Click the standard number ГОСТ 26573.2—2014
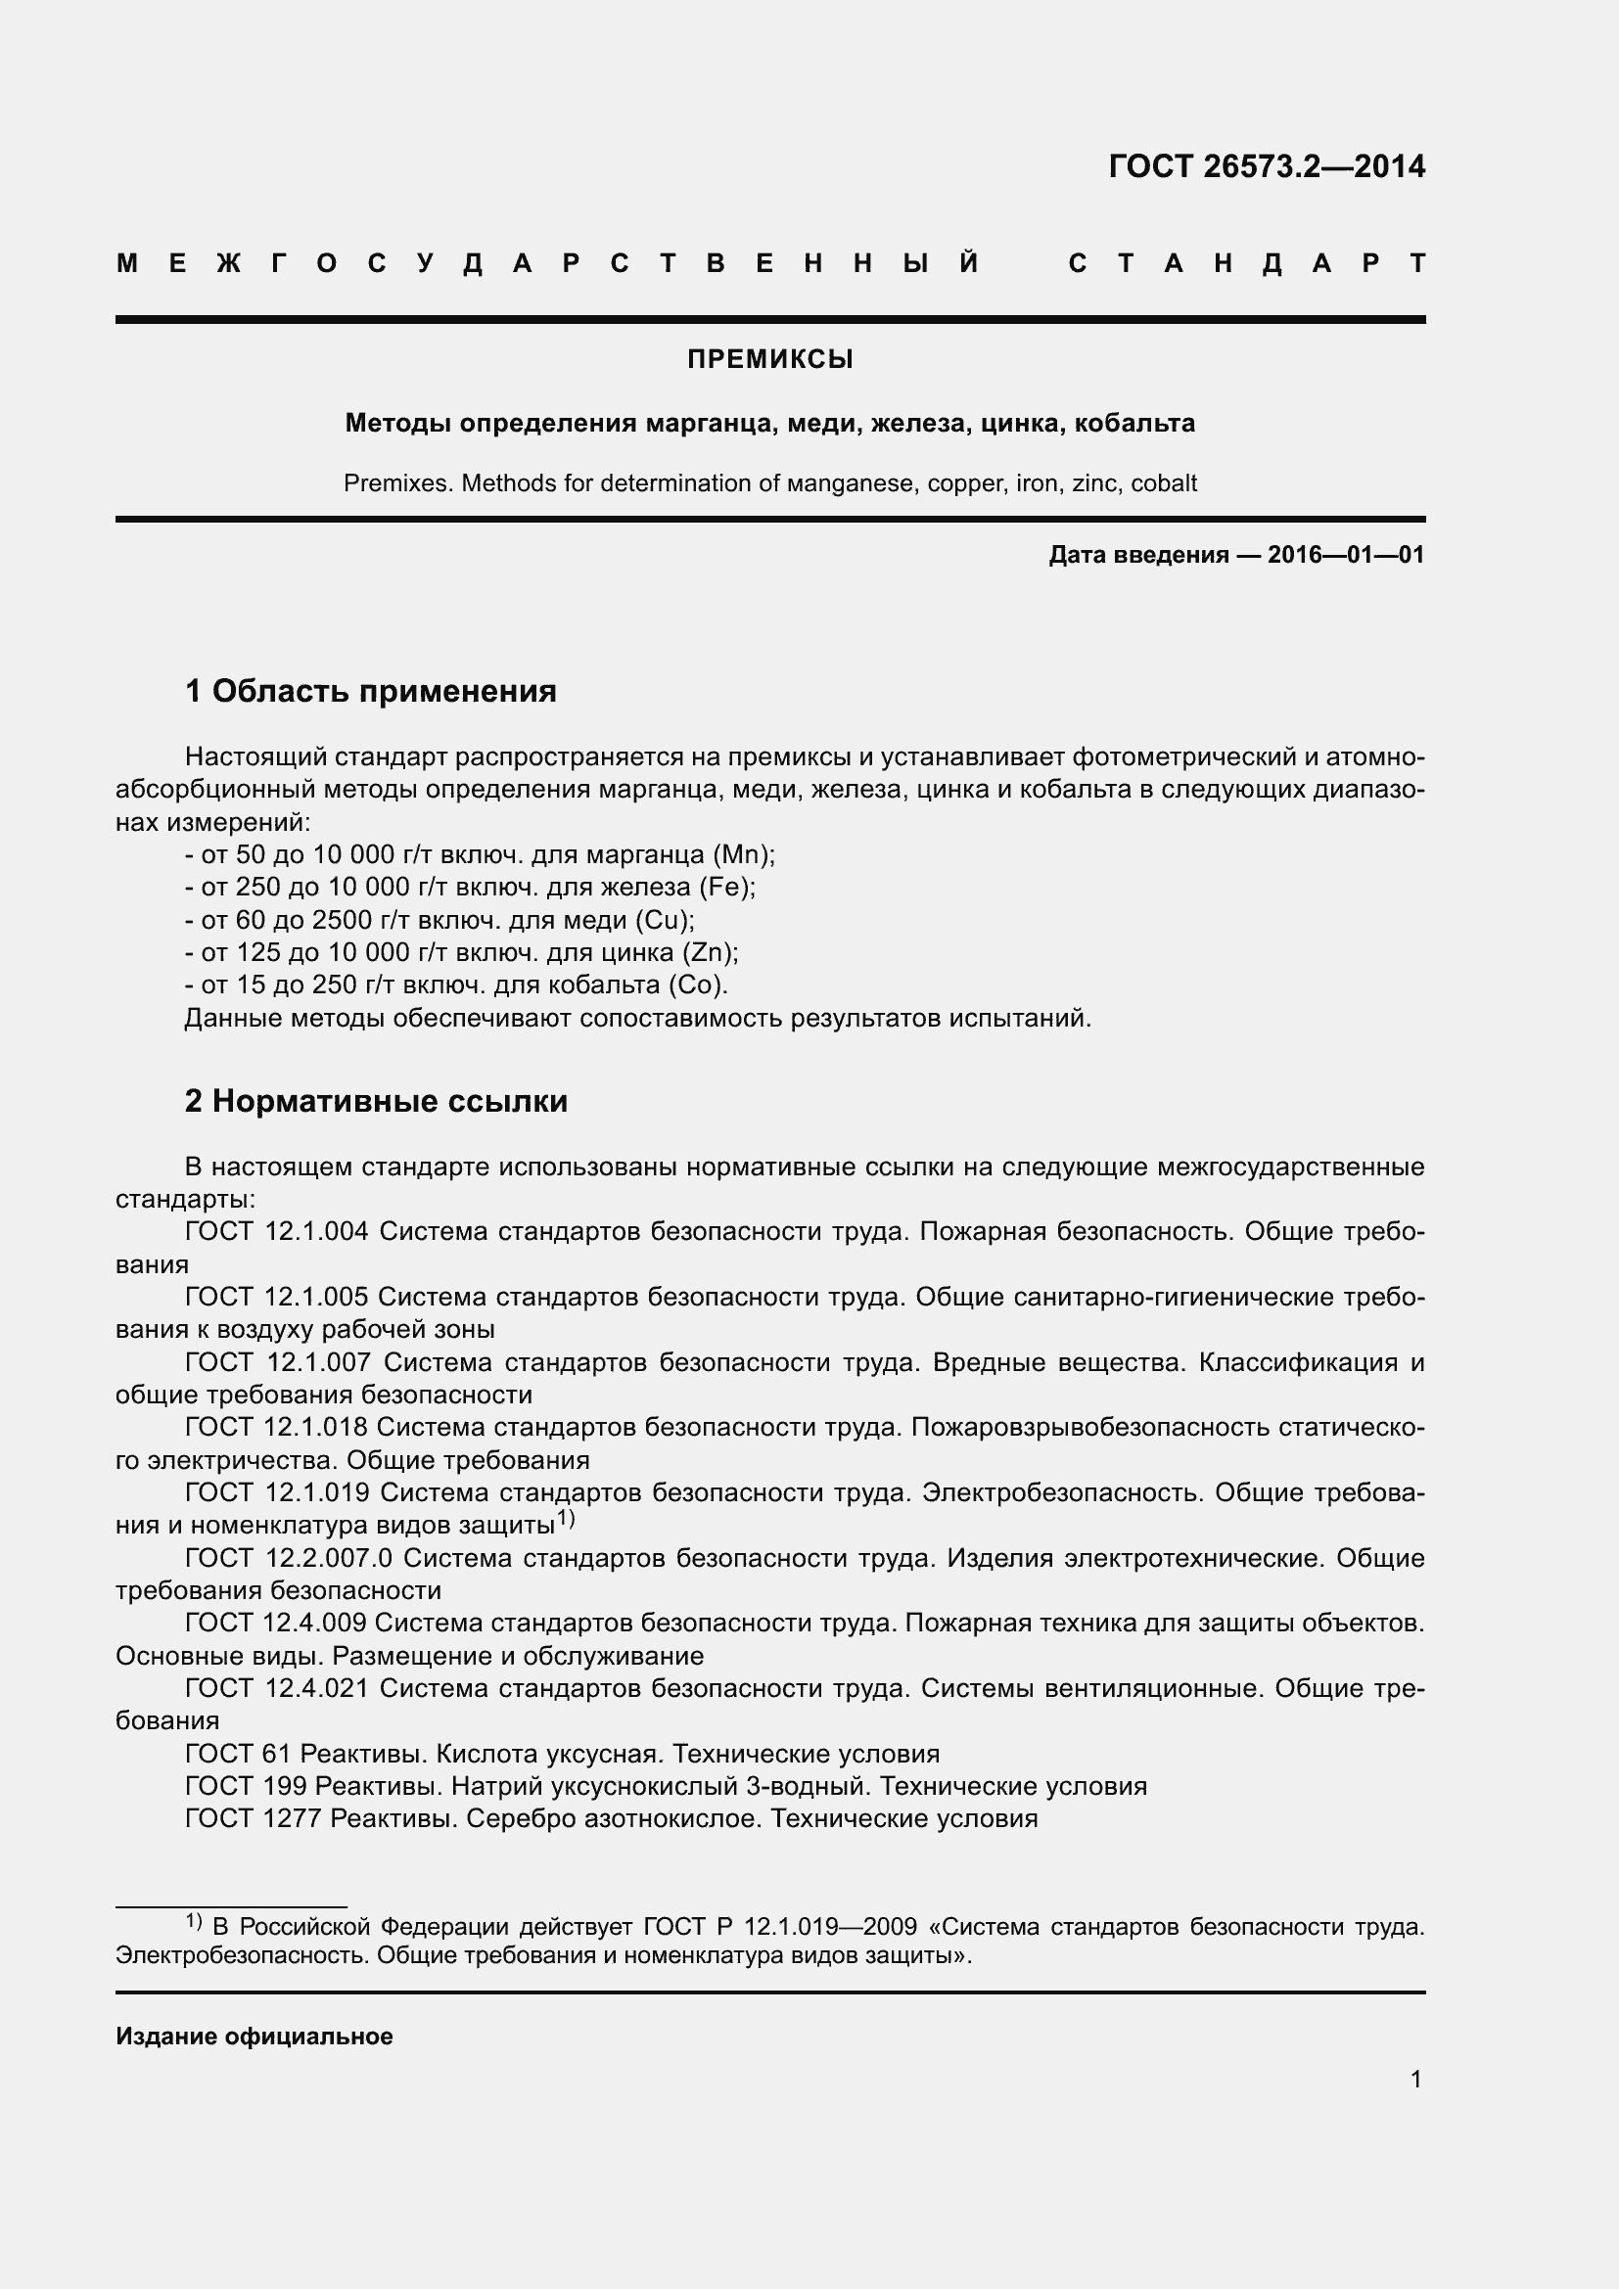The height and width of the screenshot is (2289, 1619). (x=1266, y=166)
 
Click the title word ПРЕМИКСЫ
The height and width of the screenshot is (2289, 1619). (x=769, y=360)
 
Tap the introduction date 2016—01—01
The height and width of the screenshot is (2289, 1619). (x=1345, y=555)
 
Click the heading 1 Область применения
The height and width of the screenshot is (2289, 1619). (x=371, y=691)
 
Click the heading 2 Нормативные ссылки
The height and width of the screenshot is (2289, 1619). (x=376, y=1102)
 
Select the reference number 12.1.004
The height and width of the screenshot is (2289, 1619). (x=316, y=1232)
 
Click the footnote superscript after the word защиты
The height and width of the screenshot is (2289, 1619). (x=566, y=1519)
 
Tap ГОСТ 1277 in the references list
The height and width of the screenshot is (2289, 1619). (x=254, y=1819)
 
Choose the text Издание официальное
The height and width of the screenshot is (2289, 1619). (x=254, y=2037)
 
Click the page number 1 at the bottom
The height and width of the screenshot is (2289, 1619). (x=1415, y=2080)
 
